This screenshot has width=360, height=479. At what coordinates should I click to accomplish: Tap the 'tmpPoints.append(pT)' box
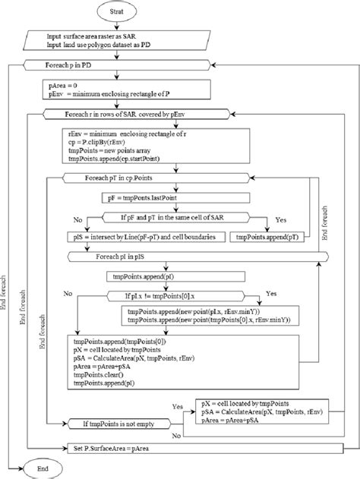(x=262, y=238)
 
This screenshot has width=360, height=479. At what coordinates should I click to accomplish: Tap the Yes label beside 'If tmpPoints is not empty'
(x=179, y=406)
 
